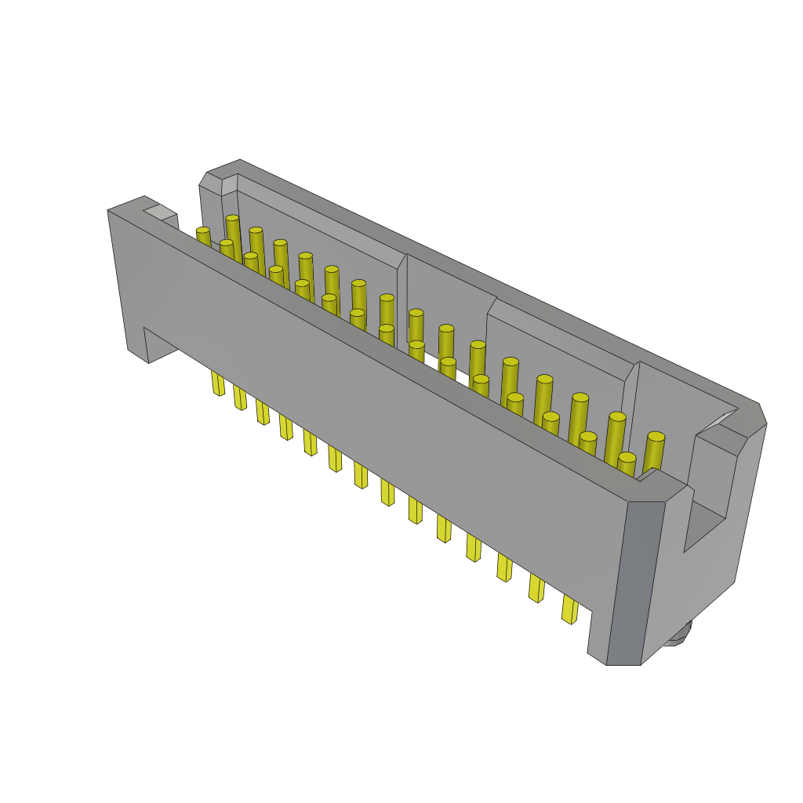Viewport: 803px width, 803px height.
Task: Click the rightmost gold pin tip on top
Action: [656, 438]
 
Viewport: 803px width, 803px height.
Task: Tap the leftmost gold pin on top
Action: [203, 232]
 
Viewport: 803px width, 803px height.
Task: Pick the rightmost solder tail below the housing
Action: [569, 609]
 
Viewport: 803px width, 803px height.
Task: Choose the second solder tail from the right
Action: [536, 587]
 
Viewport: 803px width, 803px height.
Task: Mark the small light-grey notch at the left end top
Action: [160, 212]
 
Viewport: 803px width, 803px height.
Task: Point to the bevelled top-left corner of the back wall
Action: [211, 180]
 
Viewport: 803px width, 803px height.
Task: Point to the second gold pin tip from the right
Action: [617, 418]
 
